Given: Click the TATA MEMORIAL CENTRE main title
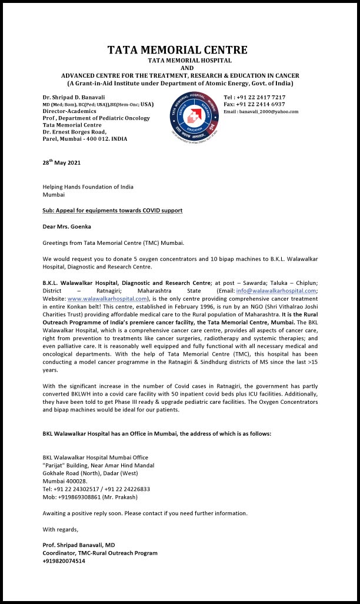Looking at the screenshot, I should [177, 50].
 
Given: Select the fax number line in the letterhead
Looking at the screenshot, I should [254, 104].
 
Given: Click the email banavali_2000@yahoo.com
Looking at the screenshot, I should [261, 111].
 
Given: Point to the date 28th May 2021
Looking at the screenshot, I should [62, 163].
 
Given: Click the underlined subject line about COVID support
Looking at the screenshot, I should [112, 210].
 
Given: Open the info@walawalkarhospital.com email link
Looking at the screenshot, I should [276, 291].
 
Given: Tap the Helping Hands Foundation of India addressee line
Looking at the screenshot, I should [88, 187].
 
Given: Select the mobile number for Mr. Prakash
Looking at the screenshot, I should [90, 497].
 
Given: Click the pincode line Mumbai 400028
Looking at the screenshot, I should [65, 481].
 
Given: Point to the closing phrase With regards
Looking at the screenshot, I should [60, 529].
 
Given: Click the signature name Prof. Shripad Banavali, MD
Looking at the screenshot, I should [79, 545].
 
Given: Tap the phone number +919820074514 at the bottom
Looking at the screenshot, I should [64, 561].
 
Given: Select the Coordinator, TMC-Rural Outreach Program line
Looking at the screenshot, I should [100, 553].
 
